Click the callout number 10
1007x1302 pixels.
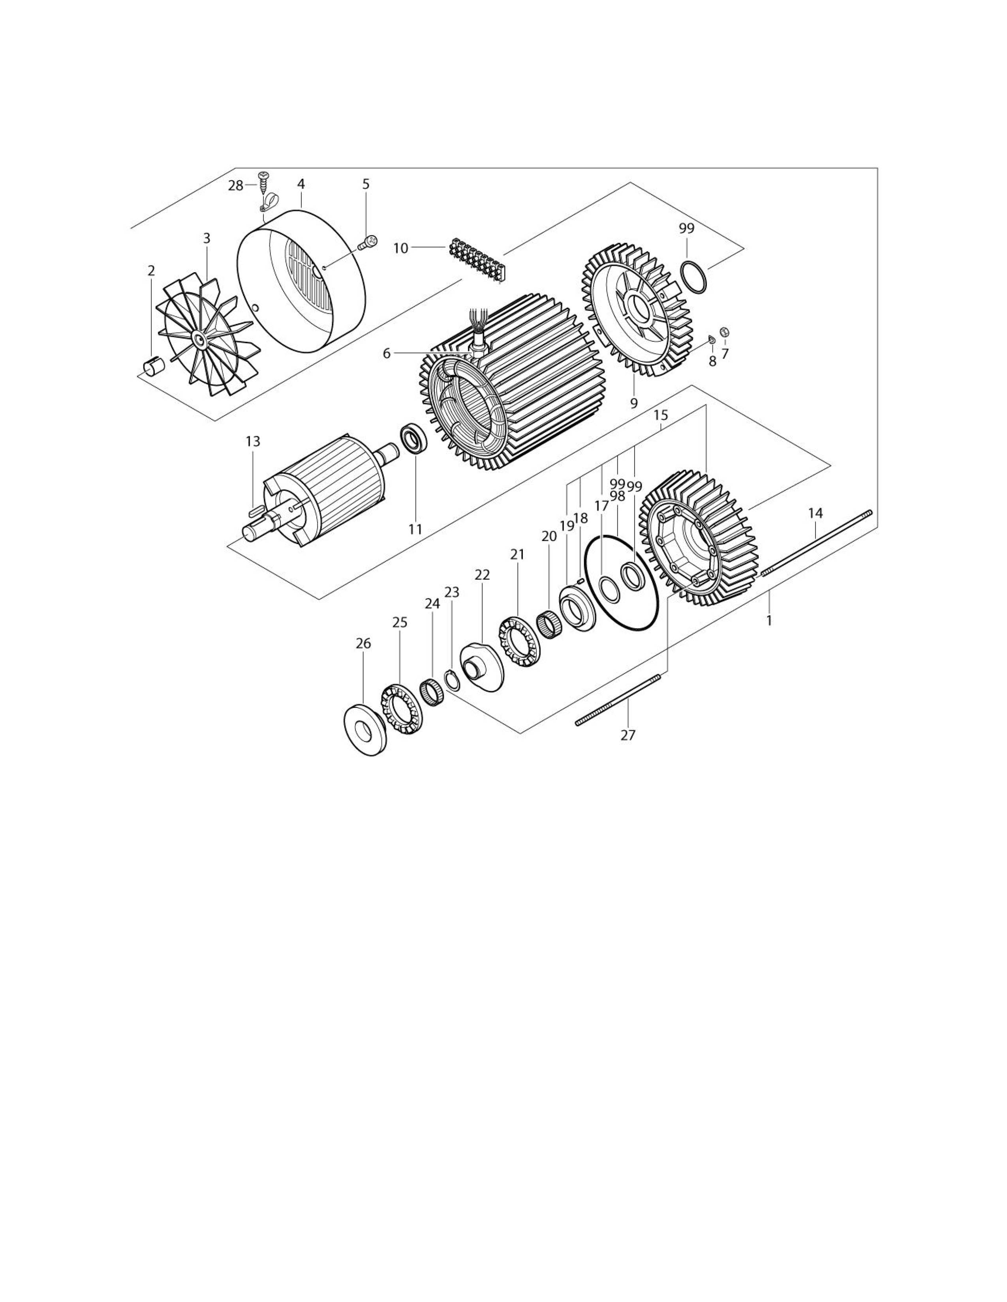pos(400,248)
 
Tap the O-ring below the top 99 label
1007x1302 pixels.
pos(694,277)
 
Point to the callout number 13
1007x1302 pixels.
pos(253,442)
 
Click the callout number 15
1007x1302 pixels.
pos(660,415)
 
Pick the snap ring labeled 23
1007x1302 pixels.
pos(452,681)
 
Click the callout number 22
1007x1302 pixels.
pos(482,575)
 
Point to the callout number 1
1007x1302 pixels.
pos(769,621)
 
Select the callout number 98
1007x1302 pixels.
pos(618,496)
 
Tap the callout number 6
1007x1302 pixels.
pos(387,354)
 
